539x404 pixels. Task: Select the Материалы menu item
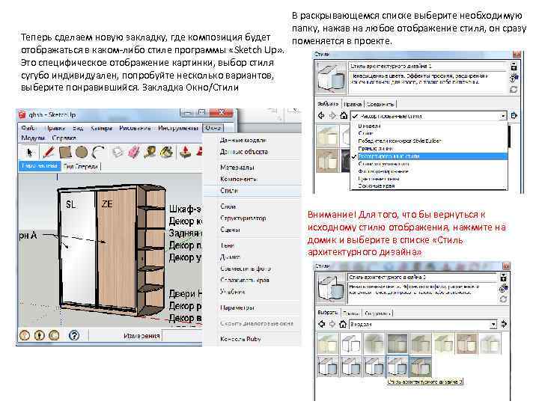pos(236,168)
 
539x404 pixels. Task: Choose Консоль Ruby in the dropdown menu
pos(239,340)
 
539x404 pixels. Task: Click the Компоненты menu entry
pos(238,180)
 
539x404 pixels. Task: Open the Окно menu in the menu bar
pos(213,128)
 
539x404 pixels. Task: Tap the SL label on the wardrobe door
pos(71,204)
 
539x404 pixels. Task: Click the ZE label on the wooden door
pos(107,204)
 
